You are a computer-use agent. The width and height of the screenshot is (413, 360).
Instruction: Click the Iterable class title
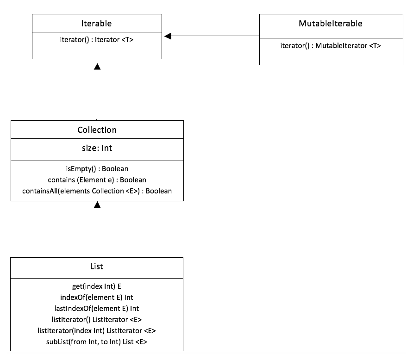(x=96, y=24)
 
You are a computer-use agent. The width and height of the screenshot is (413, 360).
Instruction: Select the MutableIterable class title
(x=331, y=24)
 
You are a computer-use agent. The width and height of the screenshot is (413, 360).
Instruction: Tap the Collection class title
(x=97, y=130)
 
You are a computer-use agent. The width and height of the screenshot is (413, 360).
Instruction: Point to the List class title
(x=97, y=267)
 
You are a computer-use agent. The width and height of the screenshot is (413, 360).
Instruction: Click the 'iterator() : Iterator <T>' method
(x=97, y=39)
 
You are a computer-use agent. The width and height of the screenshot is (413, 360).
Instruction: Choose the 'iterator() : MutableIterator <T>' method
(x=331, y=45)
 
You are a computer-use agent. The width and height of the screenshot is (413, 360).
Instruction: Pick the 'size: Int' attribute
(x=97, y=148)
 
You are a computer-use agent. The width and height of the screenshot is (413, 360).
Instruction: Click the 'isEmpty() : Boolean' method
(x=97, y=169)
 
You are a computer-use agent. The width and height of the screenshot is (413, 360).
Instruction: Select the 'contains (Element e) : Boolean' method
(x=97, y=180)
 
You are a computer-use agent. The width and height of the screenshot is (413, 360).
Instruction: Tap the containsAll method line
(x=97, y=191)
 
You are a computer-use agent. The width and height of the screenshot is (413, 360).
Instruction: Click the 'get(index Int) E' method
(x=97, y=286)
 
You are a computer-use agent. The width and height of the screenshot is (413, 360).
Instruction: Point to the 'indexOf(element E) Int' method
(x=97, y=297)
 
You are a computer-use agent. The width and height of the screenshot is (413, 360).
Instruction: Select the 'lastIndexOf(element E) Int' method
(x=97, y=308)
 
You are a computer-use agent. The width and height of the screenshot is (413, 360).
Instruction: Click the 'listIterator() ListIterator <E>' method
(x=97, y=319)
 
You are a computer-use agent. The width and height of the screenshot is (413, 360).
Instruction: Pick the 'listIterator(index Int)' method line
(x=97, y=330)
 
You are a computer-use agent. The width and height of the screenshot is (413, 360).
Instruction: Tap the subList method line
(x=97, y=341)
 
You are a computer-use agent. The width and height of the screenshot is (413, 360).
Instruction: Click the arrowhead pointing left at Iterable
(x=168, y=36)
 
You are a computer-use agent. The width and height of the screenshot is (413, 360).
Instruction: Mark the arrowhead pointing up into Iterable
(x=97, y=67)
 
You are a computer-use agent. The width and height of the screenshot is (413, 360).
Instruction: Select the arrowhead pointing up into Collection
(x=97, y=205)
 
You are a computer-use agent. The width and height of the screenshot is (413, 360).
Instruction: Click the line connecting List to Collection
(x=97, y=233)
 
